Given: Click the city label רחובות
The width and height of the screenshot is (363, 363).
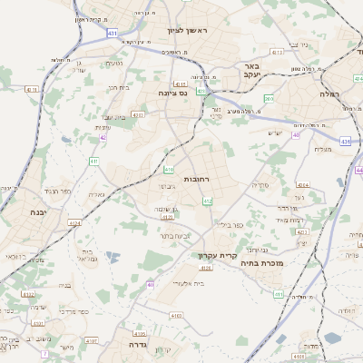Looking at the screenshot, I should pos(197,180).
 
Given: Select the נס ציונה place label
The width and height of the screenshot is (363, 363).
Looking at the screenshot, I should pos(171,93).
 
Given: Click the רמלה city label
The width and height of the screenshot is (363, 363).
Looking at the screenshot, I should pos(329,93).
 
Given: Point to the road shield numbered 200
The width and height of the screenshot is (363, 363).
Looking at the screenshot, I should pos(269,97).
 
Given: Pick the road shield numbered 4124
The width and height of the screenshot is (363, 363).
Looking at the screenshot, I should pos(74,222).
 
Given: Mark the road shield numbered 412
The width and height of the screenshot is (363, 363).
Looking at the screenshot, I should pos(208,201).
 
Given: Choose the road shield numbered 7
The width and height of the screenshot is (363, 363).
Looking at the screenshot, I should pos(44,354).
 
